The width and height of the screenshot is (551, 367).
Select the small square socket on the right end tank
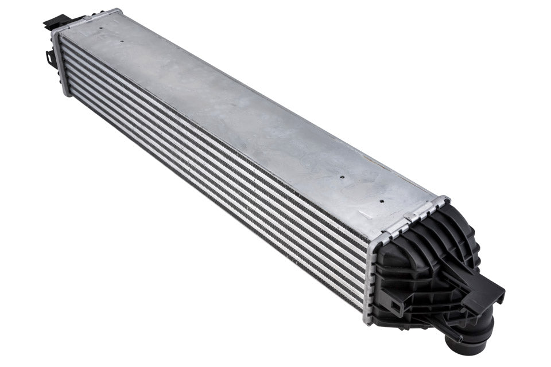tap(394, 304)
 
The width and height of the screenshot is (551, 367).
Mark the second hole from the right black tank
tap(342, 177)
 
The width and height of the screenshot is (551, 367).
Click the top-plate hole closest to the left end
tap(102, 27)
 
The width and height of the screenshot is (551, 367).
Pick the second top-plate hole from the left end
tap(122, 41)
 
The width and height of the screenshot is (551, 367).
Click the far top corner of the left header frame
tap(118, 10)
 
